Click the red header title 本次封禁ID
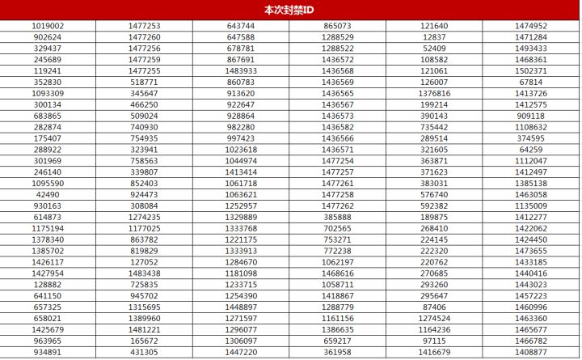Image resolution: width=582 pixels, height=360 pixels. pyautogui.click(x=290, y=10)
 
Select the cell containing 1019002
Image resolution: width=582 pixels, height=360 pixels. pyautogui.click(x=48, y=26)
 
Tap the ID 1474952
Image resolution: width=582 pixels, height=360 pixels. pyautogui.click(x=531, y=26)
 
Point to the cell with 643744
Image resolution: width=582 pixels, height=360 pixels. pyautogui.click(x=241, y=26)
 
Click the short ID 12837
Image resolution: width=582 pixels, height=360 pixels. pyautogui.click(x=434, y=37)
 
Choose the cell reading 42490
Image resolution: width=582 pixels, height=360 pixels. pyautogui.click(x=48, y=195)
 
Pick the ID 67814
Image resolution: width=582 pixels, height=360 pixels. pyautogui.click(x=531, y=83)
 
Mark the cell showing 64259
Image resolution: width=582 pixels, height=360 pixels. pyautogui.click(x=531, y=150)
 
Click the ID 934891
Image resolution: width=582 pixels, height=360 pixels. pyautogui.click(x=48, y=353)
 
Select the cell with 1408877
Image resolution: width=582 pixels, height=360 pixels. pyautogui.click(x=531, y=353)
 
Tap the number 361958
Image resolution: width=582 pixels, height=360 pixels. pyautogui.click(x=337, y=353)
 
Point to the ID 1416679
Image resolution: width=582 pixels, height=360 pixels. pyautogui.click(x=434, y=353)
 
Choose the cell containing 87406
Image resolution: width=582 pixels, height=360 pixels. pyautogui.click(x=434, y=307)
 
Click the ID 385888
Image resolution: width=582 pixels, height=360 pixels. pyautogui.click(x=337, y=218)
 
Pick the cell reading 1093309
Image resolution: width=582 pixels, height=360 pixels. pyautogui.click(x=48, y=94)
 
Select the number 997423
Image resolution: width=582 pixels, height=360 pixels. pyautogui.click(x=241, y=138)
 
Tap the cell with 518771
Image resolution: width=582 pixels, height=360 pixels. pyautogui.click(x=145, y=83)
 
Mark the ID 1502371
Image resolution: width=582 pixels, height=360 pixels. pyautogui.click(x=531, y=71)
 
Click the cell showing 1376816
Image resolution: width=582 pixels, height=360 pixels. pyautogui.click(x=434, y=94)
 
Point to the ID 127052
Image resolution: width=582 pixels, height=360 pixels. pyautogui.click(x=145, y=262)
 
